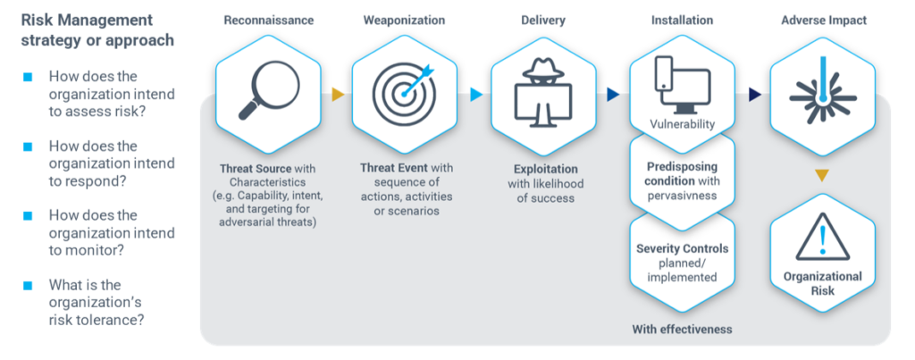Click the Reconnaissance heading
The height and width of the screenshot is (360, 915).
pos(268,21)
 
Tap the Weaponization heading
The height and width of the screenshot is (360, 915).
pos(405,21)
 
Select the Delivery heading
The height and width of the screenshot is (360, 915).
pos(543,21)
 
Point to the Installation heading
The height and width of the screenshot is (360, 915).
pos(682,21)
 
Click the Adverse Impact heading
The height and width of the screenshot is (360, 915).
pos(824,21)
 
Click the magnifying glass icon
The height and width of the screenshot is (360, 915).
pos(268,89)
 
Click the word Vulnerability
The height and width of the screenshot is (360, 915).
pos(682,124)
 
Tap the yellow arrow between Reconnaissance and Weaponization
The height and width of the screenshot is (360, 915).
pos(338,95)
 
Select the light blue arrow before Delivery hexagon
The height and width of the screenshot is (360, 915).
pos(476,95)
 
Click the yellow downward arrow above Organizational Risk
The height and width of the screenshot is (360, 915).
pos(822,175)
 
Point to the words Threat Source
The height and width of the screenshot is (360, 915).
pos(255,169)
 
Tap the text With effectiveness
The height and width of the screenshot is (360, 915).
pos(682,329)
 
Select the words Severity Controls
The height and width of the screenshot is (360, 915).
pos(682,248)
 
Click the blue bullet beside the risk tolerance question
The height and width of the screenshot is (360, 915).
pos(28,285)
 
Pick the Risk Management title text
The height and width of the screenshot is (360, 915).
pos(97,29)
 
